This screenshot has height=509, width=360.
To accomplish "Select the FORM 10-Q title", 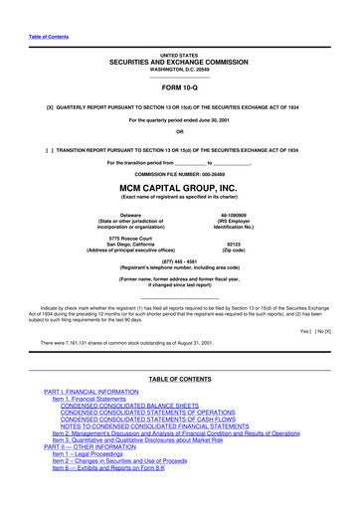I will [180, 87].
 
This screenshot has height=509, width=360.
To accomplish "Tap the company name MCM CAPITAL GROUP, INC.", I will [180, 185].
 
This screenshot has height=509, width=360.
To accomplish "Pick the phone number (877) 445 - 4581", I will [180, 262].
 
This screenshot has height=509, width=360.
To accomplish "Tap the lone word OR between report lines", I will [180, 132].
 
